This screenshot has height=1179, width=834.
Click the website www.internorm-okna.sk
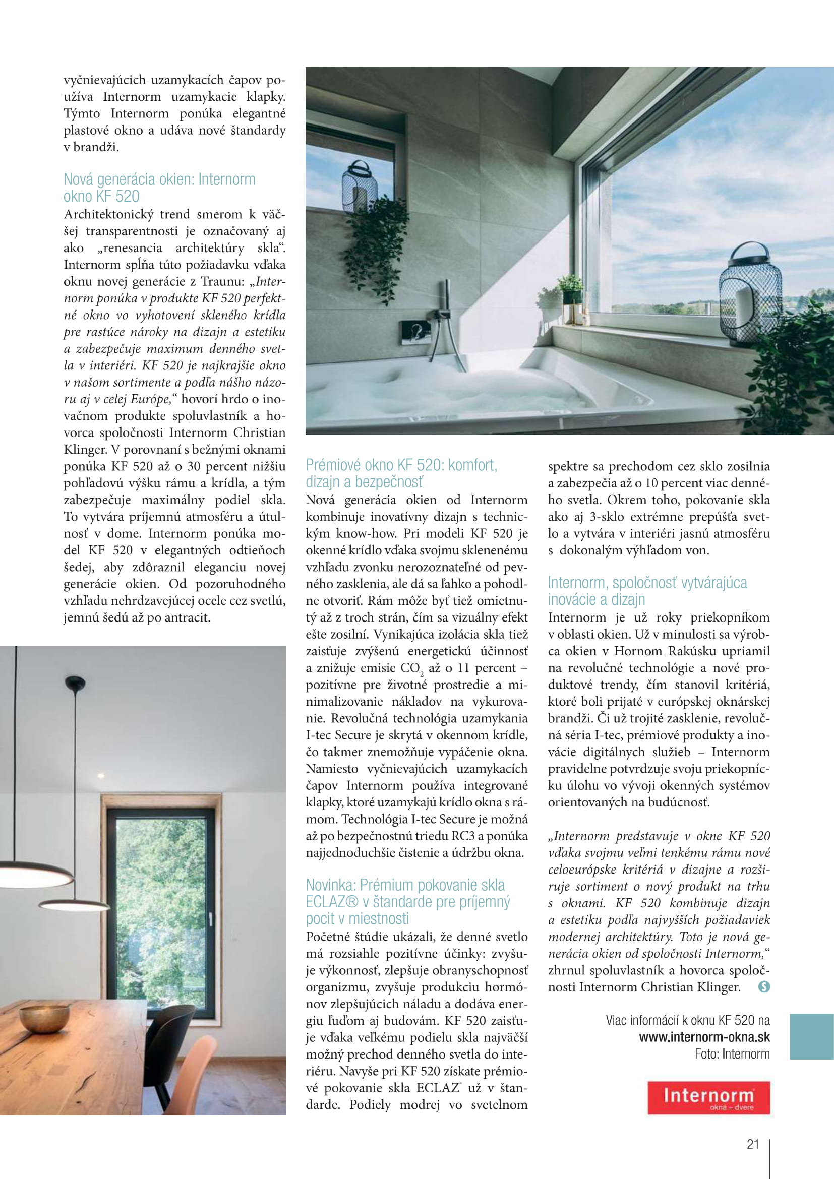[704, 1037]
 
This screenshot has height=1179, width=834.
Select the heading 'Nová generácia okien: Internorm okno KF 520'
[159, 188]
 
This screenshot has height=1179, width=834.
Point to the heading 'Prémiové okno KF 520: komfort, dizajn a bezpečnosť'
[401, 473]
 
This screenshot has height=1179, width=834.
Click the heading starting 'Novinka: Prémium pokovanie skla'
[408, 901]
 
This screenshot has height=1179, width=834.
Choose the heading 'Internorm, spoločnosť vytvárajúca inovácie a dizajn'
[647, 591]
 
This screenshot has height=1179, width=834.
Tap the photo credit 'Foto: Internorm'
[732, 1054]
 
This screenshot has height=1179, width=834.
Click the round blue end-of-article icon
[764, 986]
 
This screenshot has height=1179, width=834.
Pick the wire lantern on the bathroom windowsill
[750, 294]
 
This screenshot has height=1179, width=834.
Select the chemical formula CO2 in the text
[411, 668]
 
